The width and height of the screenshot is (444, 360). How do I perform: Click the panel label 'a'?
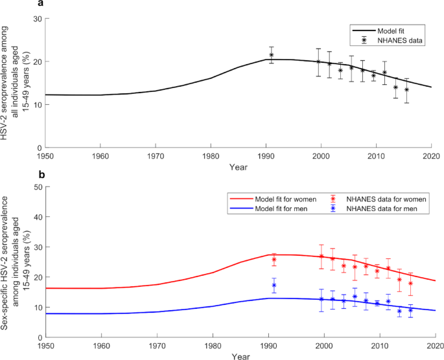coord(41,4)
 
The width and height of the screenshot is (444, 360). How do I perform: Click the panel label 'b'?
coord(41,174)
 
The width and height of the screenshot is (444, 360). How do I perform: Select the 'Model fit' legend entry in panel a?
coord(393,30)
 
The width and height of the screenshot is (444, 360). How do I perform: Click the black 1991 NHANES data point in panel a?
coord(272,55)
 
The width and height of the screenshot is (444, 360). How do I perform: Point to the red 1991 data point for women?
coord(274,260)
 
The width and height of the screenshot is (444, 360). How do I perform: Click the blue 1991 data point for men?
coord(274,286)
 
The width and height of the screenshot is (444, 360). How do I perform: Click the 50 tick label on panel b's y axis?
coord(38,187)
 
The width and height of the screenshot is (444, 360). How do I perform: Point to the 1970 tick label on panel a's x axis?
coord(155,155)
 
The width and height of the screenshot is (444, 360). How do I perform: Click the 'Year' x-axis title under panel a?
coord(238,166)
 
